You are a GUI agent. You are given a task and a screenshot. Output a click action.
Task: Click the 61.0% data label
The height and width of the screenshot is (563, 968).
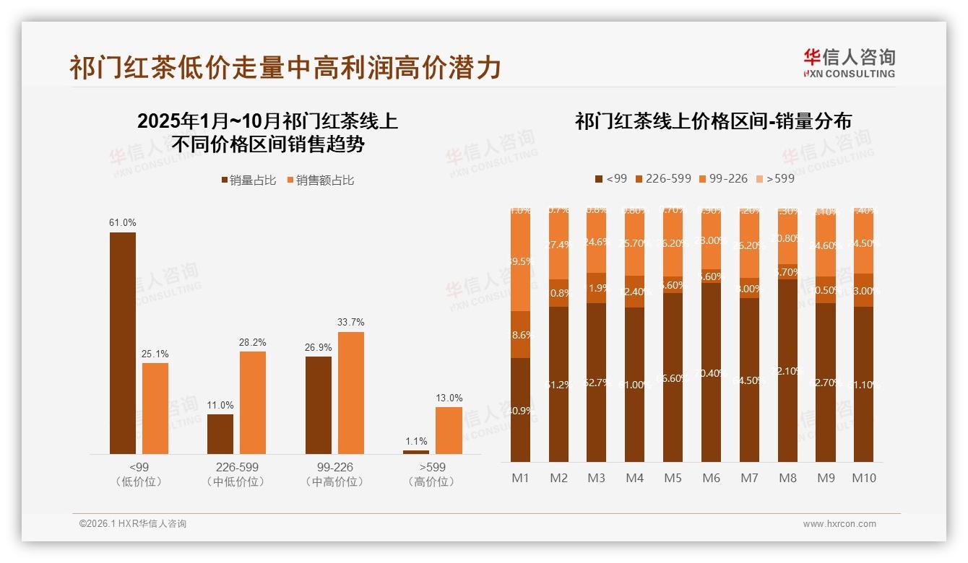point(122,223)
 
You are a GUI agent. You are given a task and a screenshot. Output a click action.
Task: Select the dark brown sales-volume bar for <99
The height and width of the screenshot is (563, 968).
point(122,343)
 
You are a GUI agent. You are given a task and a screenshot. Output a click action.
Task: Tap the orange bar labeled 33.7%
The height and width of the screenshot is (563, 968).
point(350,393)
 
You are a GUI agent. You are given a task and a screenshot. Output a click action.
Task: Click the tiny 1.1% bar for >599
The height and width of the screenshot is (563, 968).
point(415,452)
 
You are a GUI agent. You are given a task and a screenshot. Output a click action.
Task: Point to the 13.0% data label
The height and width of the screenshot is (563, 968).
point(449,398)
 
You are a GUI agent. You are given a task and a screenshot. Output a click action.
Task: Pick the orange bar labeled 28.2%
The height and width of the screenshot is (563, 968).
point(253,402)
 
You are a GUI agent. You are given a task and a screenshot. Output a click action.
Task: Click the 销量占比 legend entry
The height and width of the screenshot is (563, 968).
point(249,180)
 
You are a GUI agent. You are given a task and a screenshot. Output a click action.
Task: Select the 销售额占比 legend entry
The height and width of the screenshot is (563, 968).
point(320,180)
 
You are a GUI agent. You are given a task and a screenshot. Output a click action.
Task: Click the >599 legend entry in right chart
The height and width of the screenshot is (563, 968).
point(774,178)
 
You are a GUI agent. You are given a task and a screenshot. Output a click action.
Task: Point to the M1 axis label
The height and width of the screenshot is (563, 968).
point(520,478)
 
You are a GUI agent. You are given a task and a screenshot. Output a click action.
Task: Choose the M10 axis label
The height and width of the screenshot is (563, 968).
point(863,478)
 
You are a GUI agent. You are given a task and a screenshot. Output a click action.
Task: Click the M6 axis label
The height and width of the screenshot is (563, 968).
point(711,478)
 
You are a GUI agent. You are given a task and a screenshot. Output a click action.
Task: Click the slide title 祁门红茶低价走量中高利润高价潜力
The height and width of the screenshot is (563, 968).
point(285,67)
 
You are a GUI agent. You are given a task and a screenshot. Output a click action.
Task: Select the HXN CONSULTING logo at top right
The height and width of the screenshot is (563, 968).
point(849,63)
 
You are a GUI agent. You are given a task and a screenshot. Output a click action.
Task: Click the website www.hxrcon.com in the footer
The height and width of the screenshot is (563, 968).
point(839,524)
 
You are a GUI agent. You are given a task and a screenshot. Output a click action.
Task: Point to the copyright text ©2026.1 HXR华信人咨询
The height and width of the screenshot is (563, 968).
point(133,524)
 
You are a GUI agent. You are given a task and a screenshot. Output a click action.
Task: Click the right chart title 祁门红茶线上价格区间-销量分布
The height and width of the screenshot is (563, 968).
point(713,121)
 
